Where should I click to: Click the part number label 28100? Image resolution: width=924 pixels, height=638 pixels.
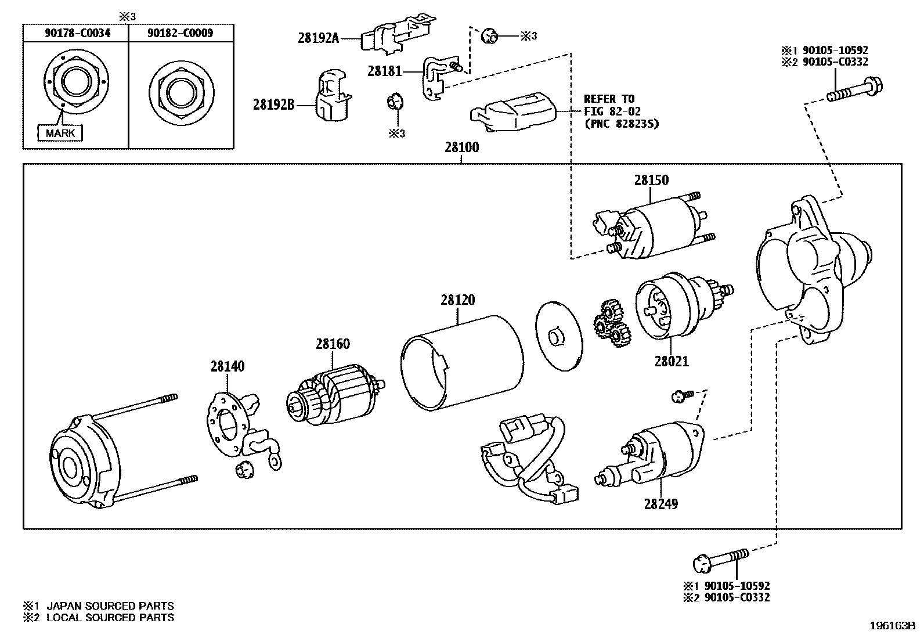462,147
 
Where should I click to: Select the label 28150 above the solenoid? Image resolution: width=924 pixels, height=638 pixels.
651,180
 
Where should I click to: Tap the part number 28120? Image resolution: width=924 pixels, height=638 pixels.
457,300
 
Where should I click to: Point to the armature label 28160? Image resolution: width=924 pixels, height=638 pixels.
333,344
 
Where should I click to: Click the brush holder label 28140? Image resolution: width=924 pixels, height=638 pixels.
228,366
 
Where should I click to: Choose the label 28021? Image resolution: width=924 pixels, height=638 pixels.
672,361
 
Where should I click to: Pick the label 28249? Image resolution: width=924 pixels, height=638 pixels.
660,503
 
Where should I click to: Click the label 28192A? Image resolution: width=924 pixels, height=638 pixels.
318,38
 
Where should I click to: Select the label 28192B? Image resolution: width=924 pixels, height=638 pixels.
274,104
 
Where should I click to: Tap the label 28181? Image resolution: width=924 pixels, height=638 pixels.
384,71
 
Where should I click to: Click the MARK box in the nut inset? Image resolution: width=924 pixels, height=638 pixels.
60,133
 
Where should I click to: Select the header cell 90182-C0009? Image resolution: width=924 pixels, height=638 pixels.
180,33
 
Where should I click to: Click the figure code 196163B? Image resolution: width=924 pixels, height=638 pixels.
891,626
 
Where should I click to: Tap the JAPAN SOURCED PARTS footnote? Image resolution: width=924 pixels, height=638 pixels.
110,606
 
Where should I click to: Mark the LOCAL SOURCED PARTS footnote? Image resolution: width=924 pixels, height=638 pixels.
110,618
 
